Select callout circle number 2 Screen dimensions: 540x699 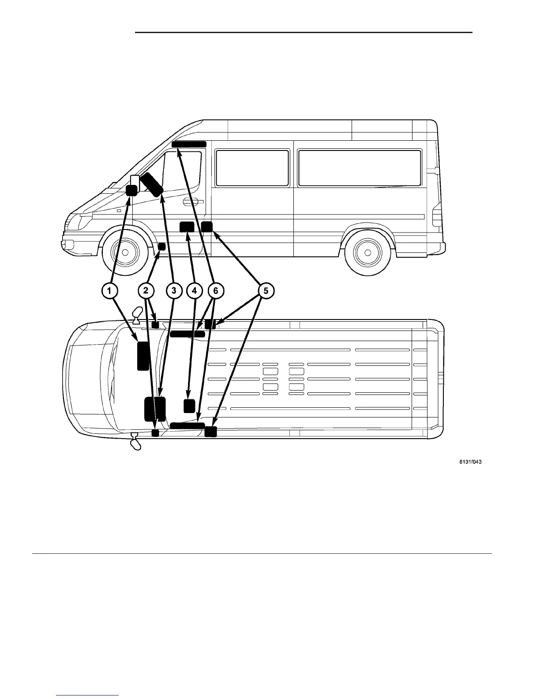(146, 291)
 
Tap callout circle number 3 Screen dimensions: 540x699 (174, 291)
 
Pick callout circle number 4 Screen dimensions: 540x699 (195, 291)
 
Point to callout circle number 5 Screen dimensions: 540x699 (266, 291)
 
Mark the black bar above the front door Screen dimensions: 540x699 (189, 144)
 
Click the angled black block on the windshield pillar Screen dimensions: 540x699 (151, 184)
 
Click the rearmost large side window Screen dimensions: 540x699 (360, 168)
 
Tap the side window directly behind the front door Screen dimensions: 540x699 (252, 168)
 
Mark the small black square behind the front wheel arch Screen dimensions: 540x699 (162, 246)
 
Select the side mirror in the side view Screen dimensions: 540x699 (135, 183)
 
